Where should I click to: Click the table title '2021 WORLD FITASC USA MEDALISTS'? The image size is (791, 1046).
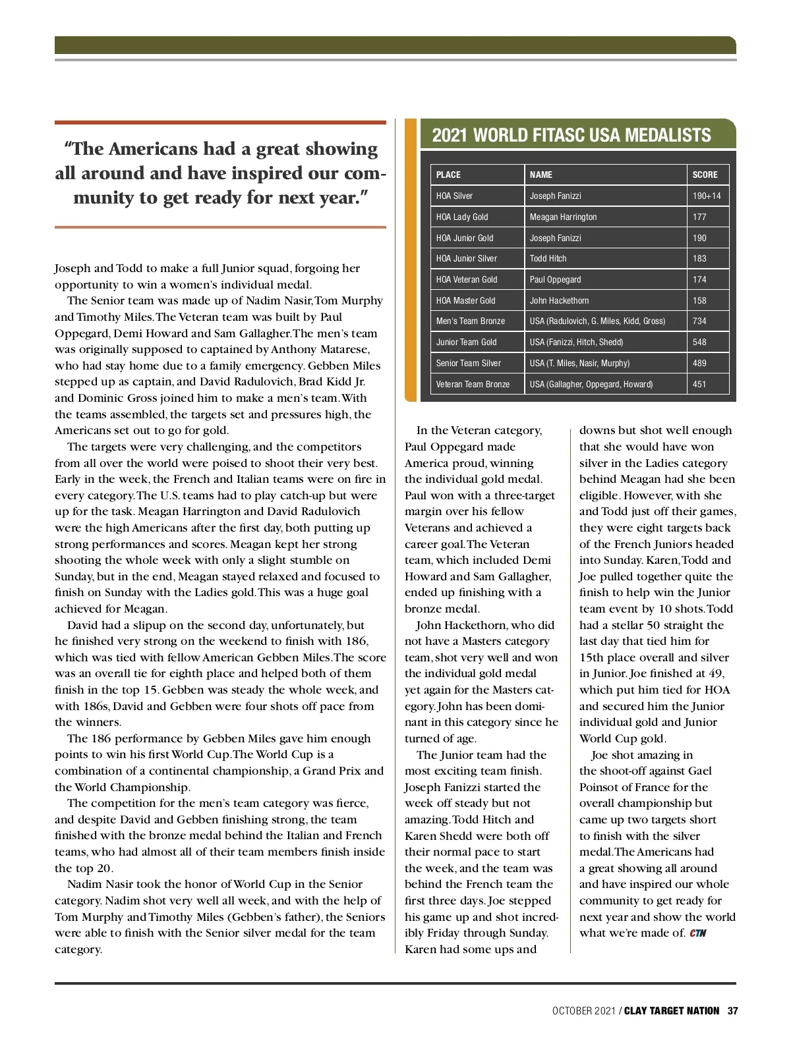click(571, 136)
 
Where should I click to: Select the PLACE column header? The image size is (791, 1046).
click(448, 175)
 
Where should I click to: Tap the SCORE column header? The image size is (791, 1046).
click(705, 175)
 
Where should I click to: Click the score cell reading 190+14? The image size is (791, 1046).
click(707, 196)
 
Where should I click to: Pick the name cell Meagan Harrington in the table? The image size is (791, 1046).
click(563, 217)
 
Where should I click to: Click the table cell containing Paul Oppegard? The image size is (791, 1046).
click(555, 279)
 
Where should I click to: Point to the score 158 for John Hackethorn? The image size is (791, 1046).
click(699, 300)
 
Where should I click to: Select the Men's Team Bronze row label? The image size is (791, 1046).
click(470, 321)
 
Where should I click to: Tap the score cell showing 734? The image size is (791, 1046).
click(699, 321)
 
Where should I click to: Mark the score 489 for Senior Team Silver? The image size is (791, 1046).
click(699, 363)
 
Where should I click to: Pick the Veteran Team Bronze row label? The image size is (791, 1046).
click(473, 384)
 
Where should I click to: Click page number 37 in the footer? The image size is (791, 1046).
click(732, 1010)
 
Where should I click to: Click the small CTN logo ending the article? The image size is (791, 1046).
click(698, 933)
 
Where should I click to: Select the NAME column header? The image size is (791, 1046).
click(541, 175)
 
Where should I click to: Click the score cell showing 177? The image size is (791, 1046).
click(699, 217)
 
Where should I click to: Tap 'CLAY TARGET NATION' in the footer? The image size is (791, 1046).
click(672, 1010)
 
